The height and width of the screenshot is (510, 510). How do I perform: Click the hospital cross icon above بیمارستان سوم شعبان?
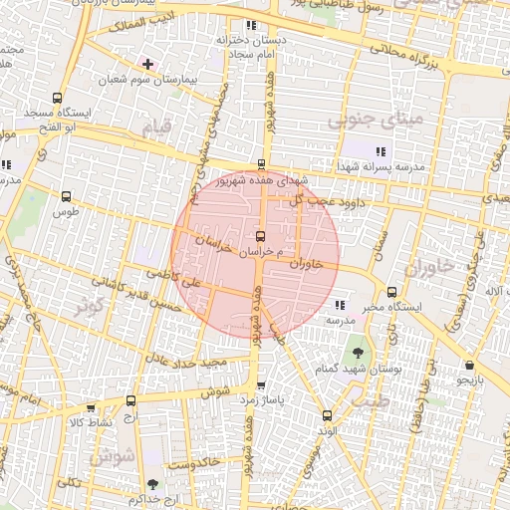click(x=148, y=64)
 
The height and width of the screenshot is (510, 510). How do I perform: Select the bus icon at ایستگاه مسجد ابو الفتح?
click(x=57, y=99)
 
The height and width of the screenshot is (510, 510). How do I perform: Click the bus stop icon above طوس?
click(x=67, y=196)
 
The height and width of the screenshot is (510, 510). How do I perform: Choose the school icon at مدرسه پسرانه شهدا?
click(x=381, y=151)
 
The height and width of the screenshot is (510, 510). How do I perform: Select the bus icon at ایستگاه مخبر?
click(x=391, y=293)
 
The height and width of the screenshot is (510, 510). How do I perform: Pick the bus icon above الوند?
click(x=326, y=415)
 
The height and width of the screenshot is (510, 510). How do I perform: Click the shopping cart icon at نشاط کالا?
click(x=91, y=408)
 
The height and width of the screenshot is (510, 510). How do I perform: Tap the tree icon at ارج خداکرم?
click(x=151, y=483)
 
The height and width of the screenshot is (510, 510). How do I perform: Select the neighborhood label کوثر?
click(x=89, y=307)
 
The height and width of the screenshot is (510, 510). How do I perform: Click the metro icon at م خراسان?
click(x=261, y=237)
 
